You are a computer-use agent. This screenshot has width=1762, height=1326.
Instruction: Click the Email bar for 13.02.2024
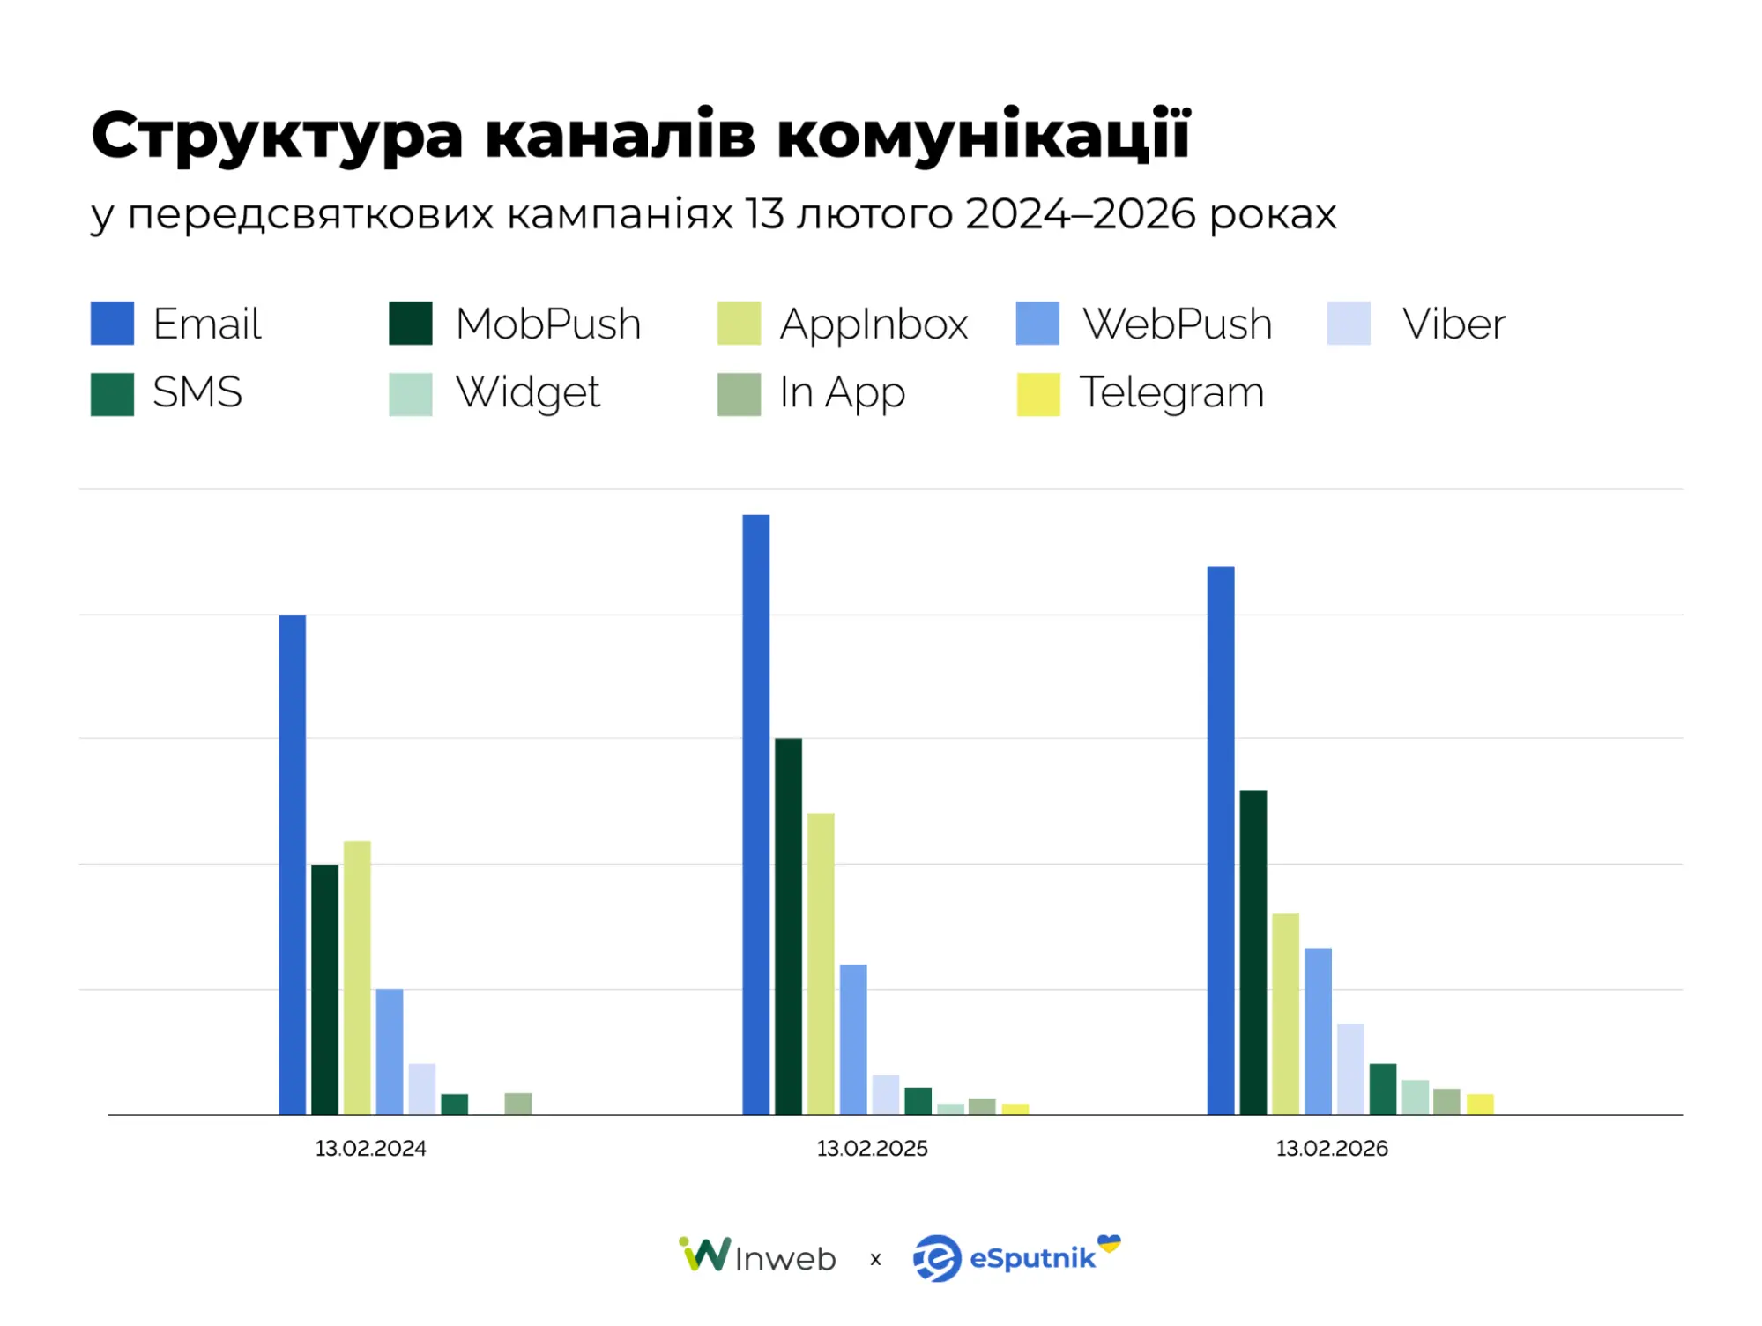tap(292, 864)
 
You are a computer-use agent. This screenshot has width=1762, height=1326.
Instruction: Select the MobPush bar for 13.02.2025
tap(788, 926)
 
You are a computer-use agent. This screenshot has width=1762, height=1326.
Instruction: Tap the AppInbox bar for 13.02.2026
tap(1285, 1014)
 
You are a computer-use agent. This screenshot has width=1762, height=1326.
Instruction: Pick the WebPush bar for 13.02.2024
tap(389, 1051)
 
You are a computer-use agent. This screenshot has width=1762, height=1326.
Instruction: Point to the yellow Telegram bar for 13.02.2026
tap(1480, 1105)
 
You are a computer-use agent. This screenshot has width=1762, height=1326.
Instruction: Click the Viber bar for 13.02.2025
tap(885, 1094)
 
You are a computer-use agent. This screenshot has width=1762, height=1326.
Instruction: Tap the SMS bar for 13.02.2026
tap(1382, 1089)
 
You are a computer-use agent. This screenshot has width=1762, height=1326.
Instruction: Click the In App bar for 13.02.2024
tap(517, 1104)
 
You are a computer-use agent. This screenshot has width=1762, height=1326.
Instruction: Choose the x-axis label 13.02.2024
tap(370, 1148)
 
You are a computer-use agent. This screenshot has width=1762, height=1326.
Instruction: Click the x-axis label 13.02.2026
tap(1331, 1148)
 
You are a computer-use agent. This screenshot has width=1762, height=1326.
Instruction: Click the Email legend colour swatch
tap(112, 323)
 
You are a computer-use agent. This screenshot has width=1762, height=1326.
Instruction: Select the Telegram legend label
tap(1171, 391)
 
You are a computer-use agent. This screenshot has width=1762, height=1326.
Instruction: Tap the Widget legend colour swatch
tap(410, 393)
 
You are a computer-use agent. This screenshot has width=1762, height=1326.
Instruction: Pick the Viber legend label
tap(1453, 324)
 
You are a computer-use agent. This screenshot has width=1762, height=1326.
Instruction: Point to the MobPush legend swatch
tap(410, 323)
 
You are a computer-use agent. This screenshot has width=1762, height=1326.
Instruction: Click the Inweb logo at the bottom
tap(758, 1256)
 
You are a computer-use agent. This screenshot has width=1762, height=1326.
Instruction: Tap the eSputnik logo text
tap(1031, 1258)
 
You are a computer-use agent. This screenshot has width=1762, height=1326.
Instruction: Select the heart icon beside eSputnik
tap(1109, 1243)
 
